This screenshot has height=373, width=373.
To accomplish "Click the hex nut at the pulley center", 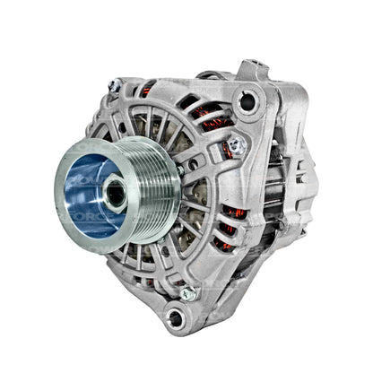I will pyautogui.click(x=115, y=189).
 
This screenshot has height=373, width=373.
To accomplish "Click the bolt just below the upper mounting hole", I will pyautogui.click(x=235, y=143).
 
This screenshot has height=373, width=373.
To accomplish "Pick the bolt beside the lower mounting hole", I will pyautogui.click(x=188, y=292).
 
